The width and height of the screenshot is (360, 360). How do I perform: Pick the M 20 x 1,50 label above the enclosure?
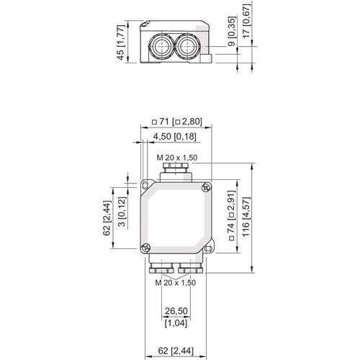coord(176,158)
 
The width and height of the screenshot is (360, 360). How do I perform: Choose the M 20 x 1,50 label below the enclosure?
coord(176,283)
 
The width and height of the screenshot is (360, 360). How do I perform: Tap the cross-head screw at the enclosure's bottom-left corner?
coord(146,248)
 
